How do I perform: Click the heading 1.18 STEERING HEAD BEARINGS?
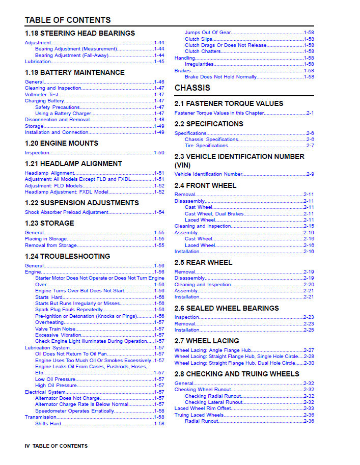click(80, 33)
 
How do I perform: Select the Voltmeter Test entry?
click(42, 95)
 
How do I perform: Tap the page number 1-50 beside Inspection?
click(159, 153)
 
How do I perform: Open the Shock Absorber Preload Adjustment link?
click(66, 212)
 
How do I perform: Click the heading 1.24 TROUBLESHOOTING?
click(67, 256)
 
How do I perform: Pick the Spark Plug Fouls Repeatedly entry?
click(69, 310)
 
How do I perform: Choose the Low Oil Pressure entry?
click(55, 379)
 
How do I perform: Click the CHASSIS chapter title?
click(192, 88)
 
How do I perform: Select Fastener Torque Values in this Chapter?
click(219, 113)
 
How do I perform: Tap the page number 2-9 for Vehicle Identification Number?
click(310, 174)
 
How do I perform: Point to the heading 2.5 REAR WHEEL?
click(203, 262)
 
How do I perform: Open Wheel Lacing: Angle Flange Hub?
click(212, 350)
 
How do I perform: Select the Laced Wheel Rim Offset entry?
click(202, 408)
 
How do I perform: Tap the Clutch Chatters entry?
click(203, 51)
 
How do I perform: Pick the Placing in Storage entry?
click(46, 239)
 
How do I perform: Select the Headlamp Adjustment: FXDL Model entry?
click(66, 192)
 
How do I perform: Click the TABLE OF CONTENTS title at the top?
click(68, 20)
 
